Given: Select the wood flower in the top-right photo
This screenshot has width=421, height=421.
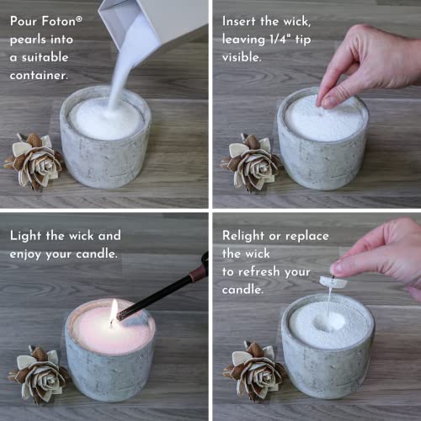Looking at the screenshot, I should coord(250,160).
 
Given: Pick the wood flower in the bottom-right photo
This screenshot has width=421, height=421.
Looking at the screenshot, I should coord(256,368).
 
